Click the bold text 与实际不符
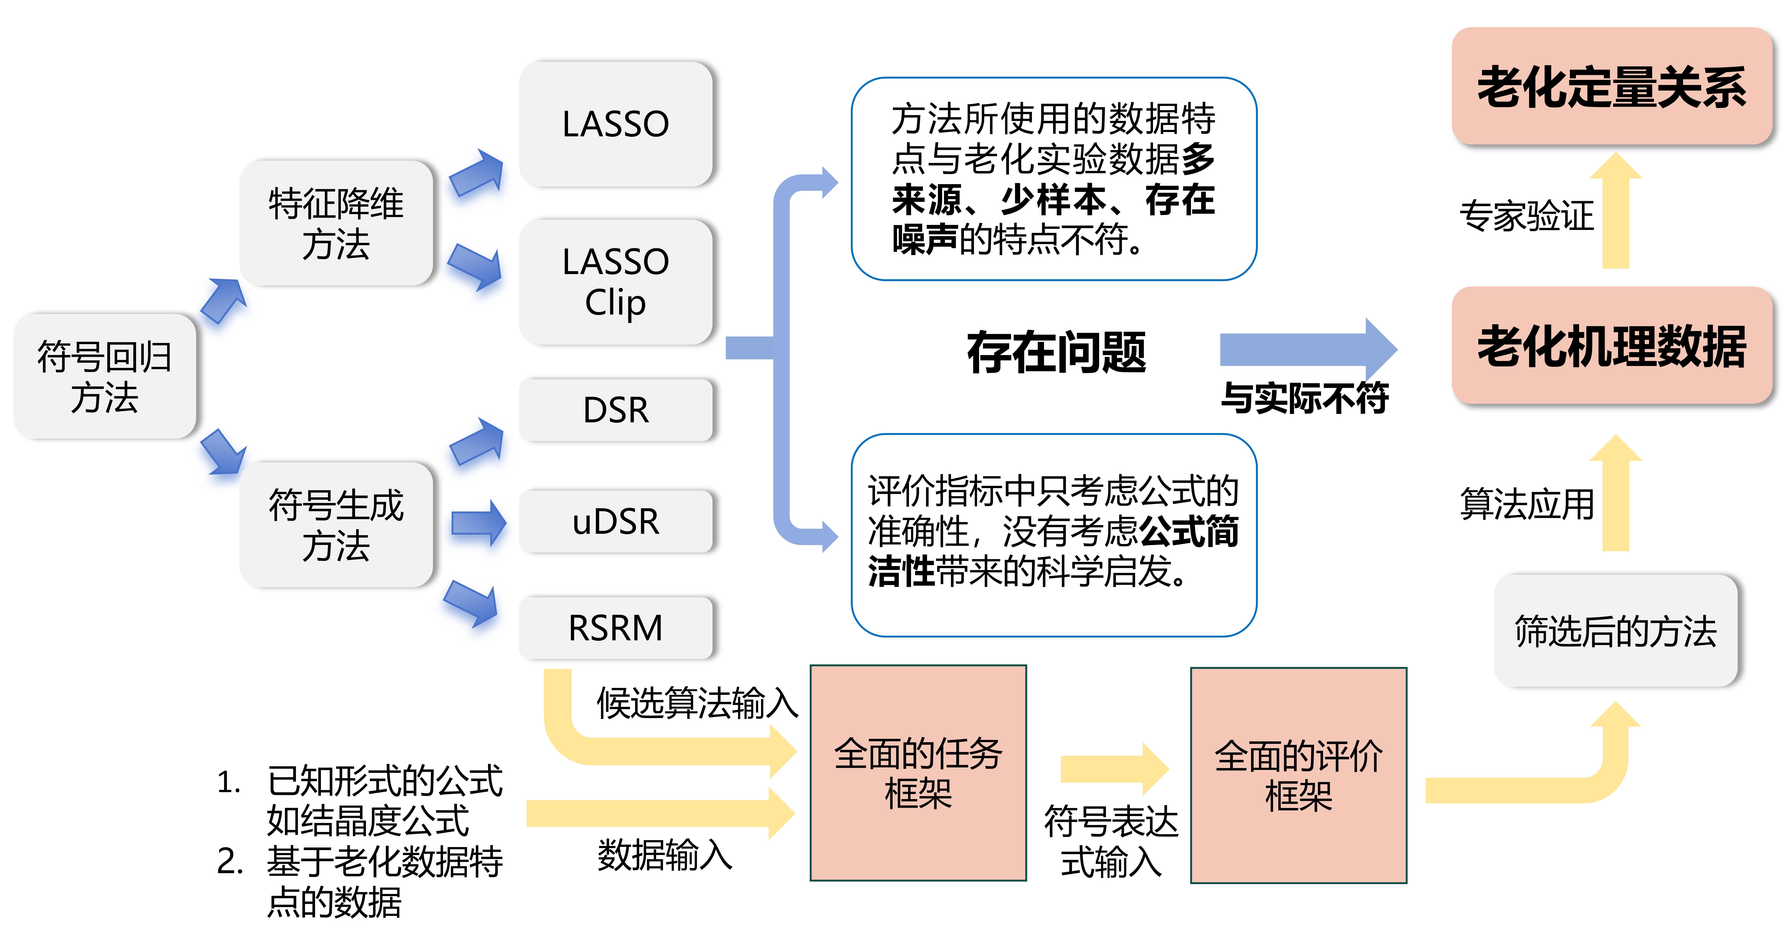(1305, 398)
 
